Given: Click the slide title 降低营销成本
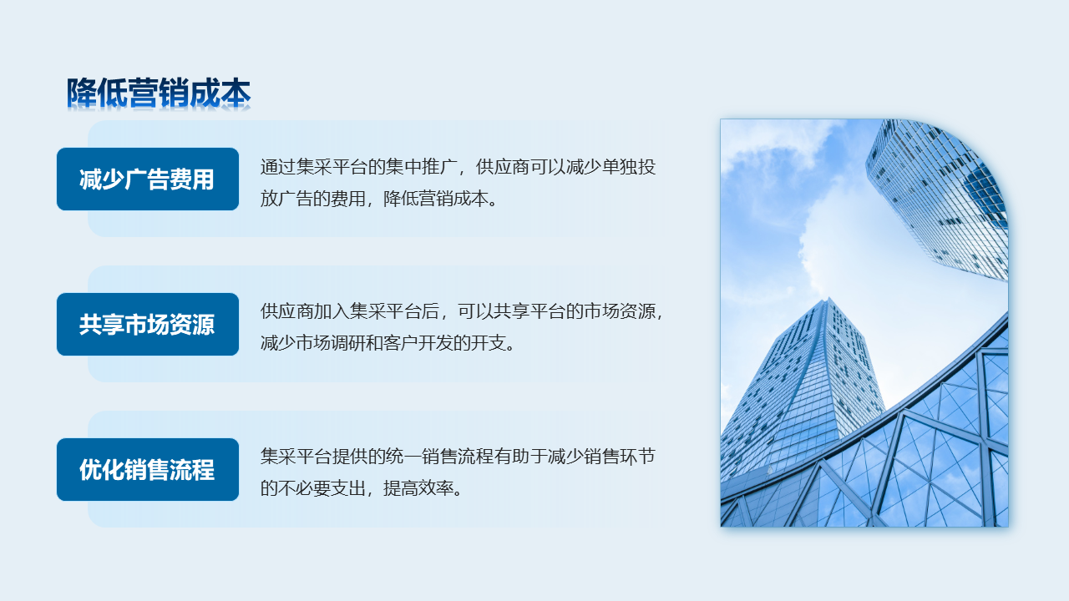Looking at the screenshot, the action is [x=159, y=93].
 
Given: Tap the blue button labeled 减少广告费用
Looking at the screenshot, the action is [x=148, y=179].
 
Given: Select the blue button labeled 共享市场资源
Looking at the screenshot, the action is [x=148, y=325].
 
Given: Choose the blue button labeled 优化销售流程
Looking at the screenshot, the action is [x=148, y=469].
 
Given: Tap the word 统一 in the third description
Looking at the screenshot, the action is [x=403, y=457].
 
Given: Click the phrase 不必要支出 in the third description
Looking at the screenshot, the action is [x=322, y=488].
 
